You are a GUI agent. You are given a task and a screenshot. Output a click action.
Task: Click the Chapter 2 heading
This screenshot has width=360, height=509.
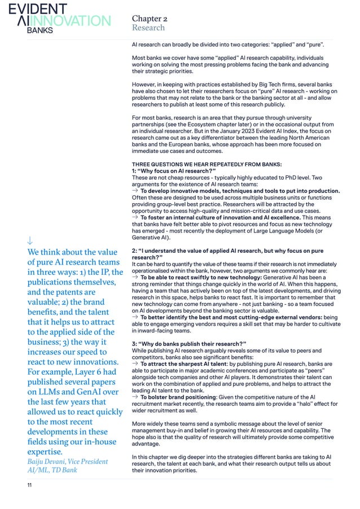pyautogui.click(x=150, y=19)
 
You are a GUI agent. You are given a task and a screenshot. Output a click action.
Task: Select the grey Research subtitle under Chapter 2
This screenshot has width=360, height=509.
pyautogui.click(x=148, y=28)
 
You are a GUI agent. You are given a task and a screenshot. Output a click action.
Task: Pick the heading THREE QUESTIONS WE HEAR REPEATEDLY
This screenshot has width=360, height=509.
pyautogui.click(x=192, y=166)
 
